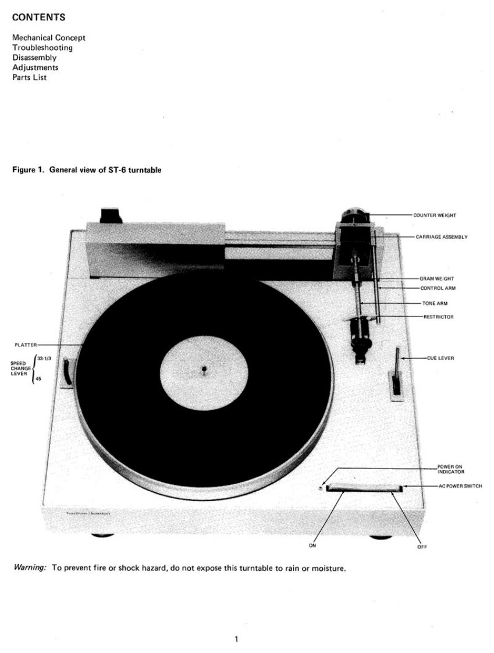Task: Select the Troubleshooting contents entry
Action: point(42,48)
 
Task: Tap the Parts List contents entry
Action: point(30,77)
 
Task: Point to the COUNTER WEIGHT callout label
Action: point(434,215)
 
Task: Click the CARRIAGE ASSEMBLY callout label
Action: point(442,237)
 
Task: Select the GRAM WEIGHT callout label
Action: point(436,279)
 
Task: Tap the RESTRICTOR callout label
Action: point(438,317)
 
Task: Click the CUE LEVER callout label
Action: point(440,359)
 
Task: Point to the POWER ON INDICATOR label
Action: point(450,469)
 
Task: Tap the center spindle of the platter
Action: point(203,369)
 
